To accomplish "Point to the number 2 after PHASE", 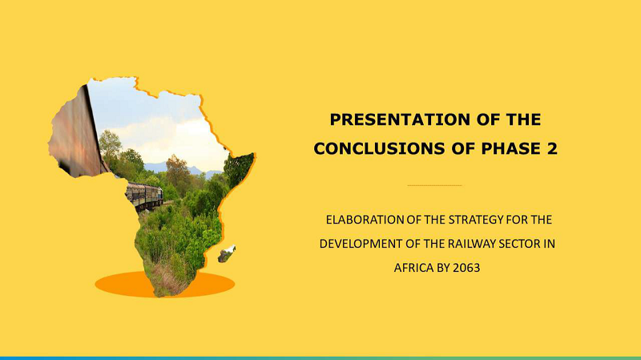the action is [x=552, y=148].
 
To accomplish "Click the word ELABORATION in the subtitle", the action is [x=365, y=220].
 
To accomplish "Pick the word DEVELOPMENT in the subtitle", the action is [x=361, y=244].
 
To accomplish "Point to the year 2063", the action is [x=466, y=268].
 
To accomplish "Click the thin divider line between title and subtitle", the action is [x=434, y=185].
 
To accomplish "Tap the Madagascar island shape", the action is [x=227, y=253].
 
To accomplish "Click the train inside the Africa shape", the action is [x=144, y=196].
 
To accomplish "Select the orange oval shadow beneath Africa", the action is [x=165, y=284].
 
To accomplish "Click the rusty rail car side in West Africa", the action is [x=76, y=135].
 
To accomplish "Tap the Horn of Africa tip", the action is [x=255, y=154].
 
